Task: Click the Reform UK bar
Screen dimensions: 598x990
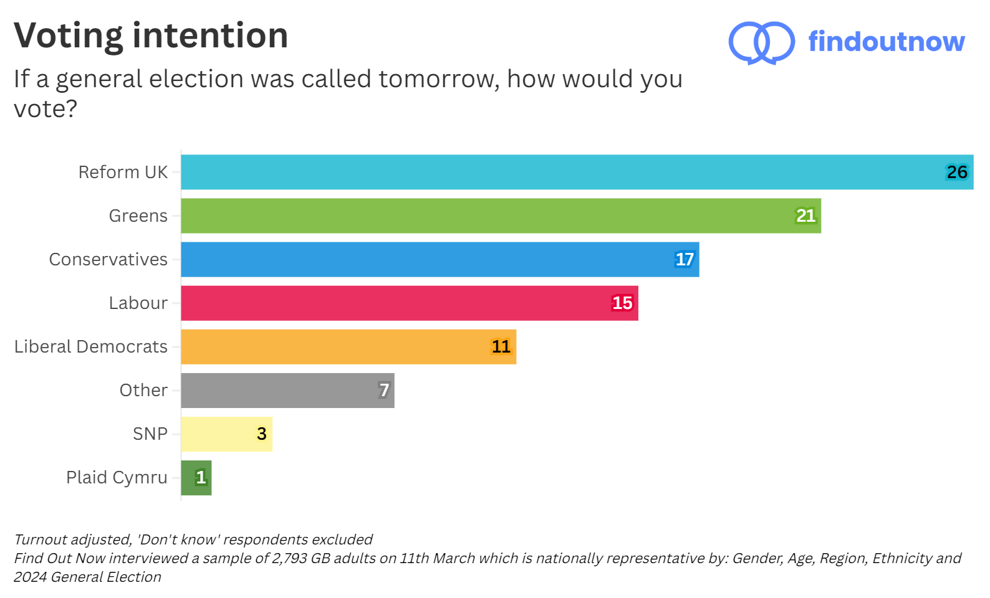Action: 561,172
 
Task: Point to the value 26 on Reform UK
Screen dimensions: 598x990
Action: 957,172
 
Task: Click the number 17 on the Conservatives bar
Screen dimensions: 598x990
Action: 685,259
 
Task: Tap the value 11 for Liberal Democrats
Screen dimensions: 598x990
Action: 501,346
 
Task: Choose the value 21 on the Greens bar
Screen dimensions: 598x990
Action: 805,216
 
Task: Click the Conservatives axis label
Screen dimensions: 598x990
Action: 108,259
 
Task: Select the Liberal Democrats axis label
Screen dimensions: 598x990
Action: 91,346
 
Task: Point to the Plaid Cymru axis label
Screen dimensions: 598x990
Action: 117,477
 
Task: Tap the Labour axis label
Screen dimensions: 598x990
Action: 138,303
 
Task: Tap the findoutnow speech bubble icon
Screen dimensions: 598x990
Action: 761,42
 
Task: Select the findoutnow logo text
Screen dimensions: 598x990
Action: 886,41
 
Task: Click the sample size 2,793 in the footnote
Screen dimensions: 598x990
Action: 289,558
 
